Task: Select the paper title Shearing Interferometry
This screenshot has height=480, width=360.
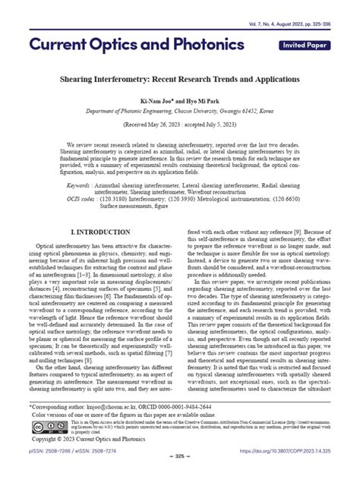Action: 179,78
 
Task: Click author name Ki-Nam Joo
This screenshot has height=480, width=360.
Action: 147,99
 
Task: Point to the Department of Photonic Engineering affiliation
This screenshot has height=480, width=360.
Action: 179,109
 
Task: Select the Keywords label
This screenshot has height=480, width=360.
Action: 82,185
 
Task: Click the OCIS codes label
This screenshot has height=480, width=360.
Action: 84,199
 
